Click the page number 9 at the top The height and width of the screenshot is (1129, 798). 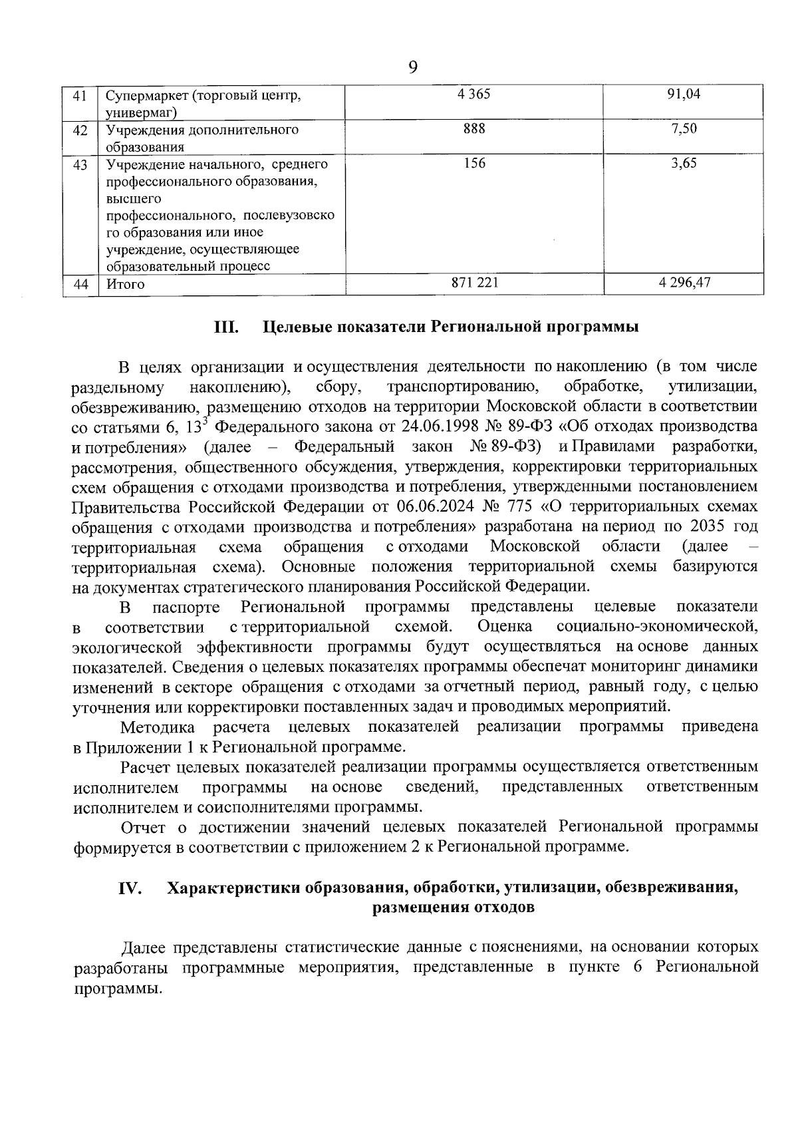(x=412, y=67)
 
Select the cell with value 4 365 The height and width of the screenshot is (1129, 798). (x=474, y=94)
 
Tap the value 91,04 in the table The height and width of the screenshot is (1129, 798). (x=684, y=94)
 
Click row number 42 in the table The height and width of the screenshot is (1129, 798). (x=80, y=130)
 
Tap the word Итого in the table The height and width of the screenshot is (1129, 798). (x=125, y=284)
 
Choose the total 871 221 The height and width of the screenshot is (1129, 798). (x=474, y=283)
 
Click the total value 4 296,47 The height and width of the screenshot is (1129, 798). (x=684, y=283)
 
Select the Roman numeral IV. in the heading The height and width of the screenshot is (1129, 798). (x=131, y=889)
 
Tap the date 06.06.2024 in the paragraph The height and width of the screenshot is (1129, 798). (x=435, y=506)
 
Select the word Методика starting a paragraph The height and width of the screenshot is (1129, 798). (x=158, y=726)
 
